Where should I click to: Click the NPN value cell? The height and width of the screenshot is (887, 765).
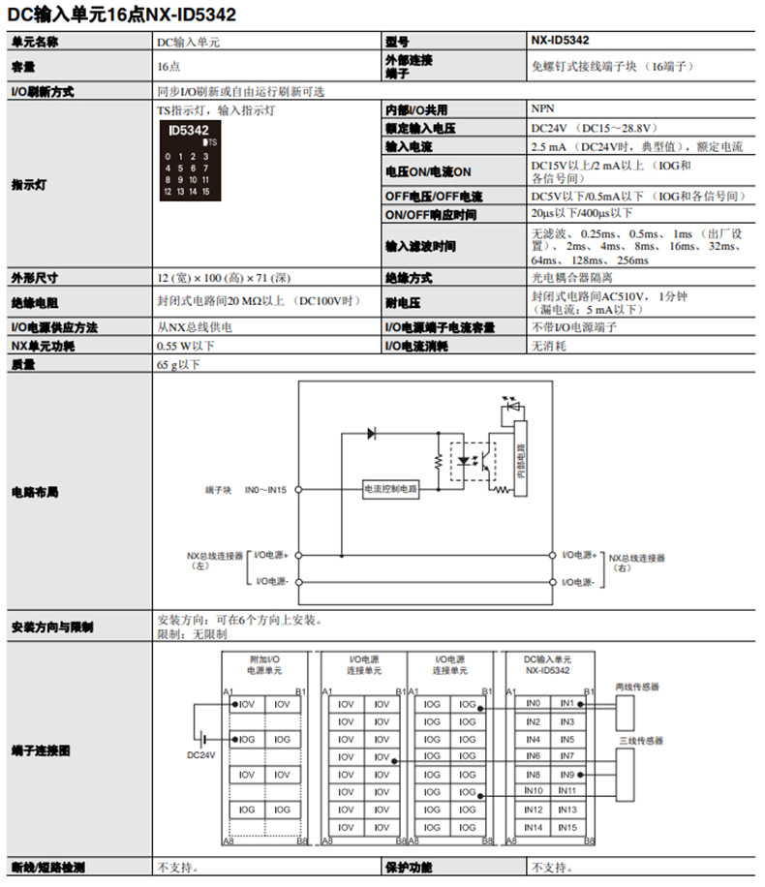pyautogui.click(x=542, y=109)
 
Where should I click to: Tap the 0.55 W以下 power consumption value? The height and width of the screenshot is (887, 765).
pyautogui.click(x=186, y=346)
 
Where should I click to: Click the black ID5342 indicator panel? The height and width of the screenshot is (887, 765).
pyautogui.click(x=191, y=161)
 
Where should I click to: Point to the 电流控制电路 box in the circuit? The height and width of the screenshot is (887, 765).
pyautogui.click(x=391, y=490)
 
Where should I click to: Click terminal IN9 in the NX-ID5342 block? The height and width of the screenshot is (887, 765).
pyautogui.click(x=567, y=775)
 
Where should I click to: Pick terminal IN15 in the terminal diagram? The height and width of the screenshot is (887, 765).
pyautogui.click(x=567, y=827)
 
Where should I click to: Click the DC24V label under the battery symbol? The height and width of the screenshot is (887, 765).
pyautogui.click(x=201, y=754)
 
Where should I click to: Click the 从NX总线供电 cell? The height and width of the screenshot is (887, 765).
pyautogui.click(x=194, y=327)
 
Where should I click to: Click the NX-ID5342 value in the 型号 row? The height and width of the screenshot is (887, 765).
pyautogui.click(x=561, y=41)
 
